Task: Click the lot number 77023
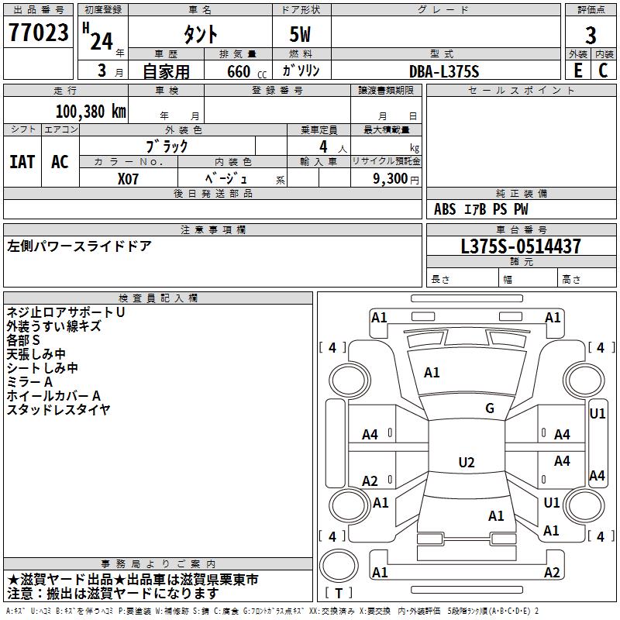click(x=38, y=34)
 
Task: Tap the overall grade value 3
click(x=591, y=36)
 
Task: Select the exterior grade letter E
click(x=577, y=70)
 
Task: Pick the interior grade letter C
click(x=603, y=70)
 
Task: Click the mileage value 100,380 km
click(x=91, y=111)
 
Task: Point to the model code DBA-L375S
click(x=444, y=71)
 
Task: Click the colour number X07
click(x=129, y=177)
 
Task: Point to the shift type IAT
click(x=22, y=162)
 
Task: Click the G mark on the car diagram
click(x=490, y=408)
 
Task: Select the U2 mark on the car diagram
click(x=466, y=463)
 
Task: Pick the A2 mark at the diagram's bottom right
click(x=552, y=573)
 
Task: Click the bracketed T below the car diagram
click(x=339, y=594)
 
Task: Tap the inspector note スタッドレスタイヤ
click(x=58, y=409)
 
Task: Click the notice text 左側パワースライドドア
click(x=79, y=246)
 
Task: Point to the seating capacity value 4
click(x=322, y=146)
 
